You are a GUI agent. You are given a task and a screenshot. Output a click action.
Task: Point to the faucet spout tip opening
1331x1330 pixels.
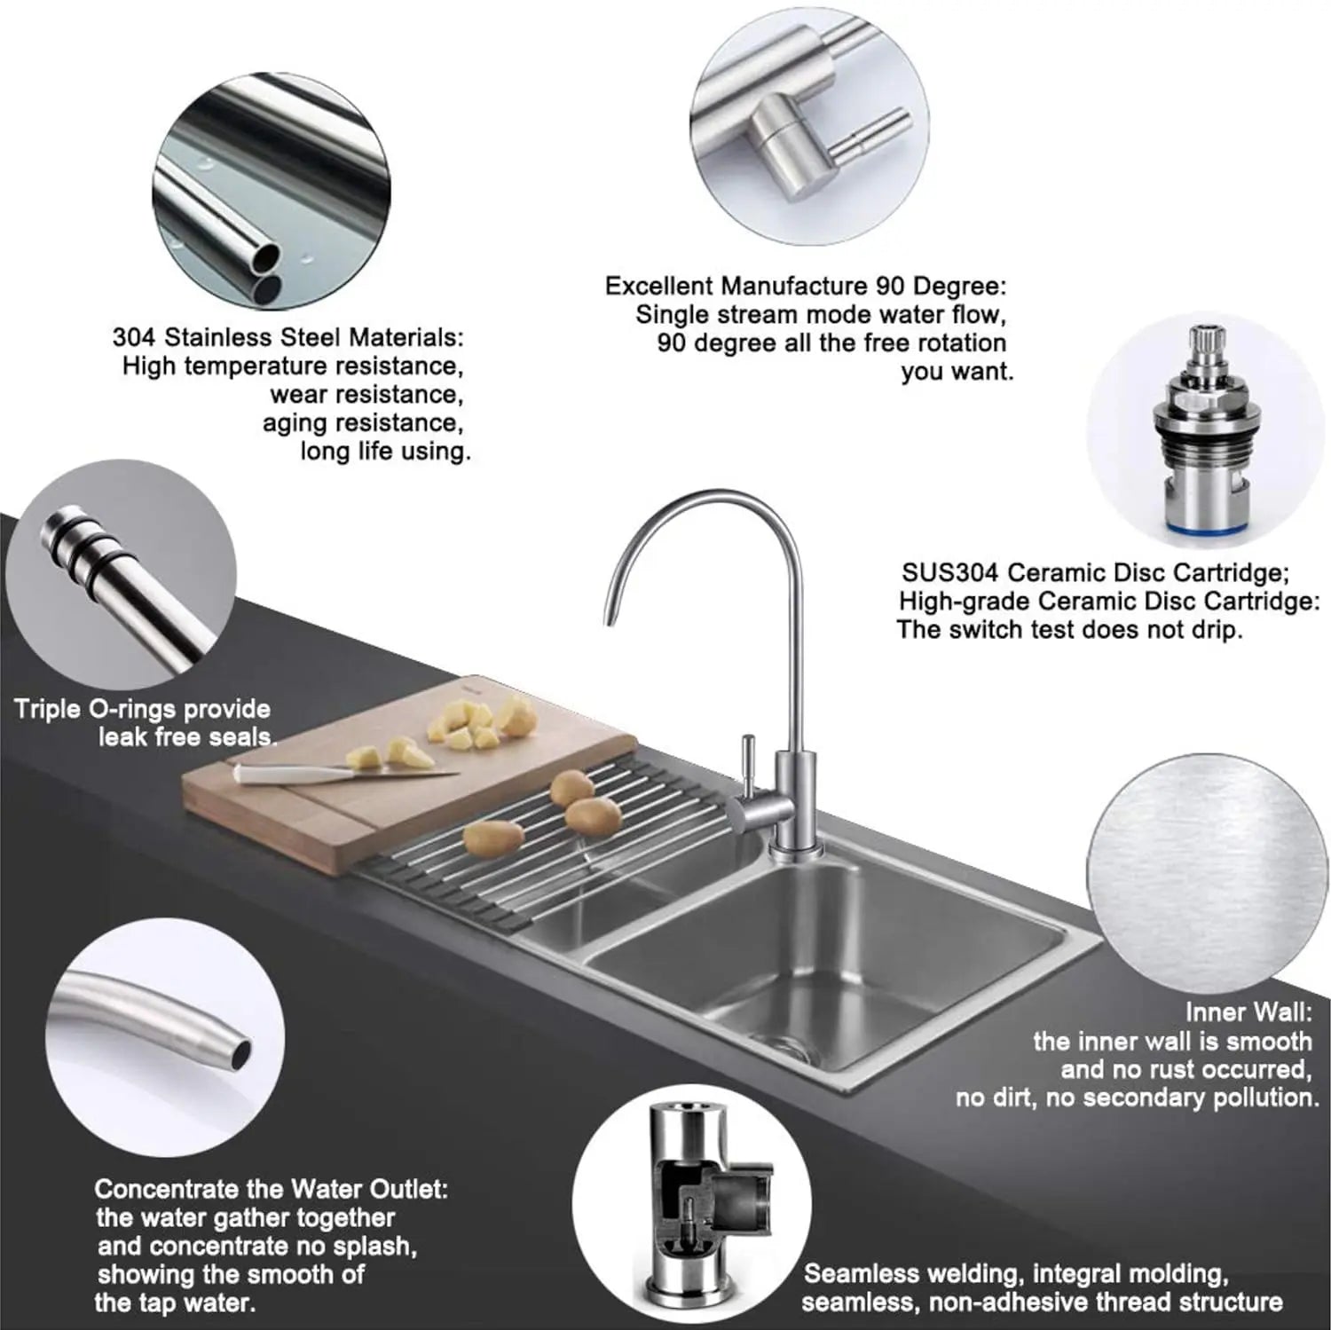609,620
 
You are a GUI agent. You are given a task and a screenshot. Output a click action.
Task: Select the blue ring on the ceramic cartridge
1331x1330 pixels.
1205,528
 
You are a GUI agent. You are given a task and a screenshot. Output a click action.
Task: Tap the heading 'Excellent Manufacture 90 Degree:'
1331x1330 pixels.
806,286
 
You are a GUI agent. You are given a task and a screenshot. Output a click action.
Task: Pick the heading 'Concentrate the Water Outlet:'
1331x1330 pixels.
272,1189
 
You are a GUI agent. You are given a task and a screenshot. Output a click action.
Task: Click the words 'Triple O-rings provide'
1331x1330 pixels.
143,709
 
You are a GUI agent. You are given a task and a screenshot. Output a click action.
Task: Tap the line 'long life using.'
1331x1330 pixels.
384,451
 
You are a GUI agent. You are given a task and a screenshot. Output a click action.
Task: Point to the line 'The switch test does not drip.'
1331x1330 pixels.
1069,629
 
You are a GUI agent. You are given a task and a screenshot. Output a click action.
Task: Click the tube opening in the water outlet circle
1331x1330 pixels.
239,1053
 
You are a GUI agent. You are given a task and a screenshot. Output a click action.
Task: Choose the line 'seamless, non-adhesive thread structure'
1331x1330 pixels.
1042,1302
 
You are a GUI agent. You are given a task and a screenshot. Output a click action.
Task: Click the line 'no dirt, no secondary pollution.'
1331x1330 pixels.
1138,1098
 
